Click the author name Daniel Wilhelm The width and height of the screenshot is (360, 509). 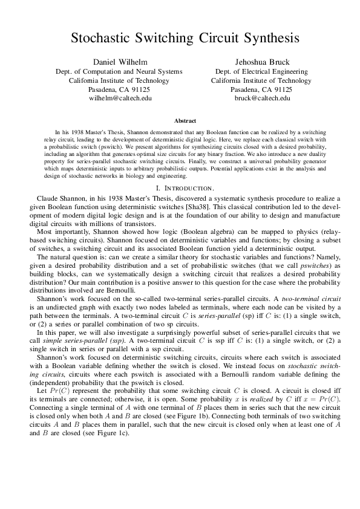[x=120, y=62]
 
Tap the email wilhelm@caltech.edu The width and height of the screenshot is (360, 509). [x=120, y=97]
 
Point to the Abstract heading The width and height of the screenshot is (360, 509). [x=185, y=121]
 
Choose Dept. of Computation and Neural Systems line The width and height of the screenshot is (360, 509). [x=119, y=71]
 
